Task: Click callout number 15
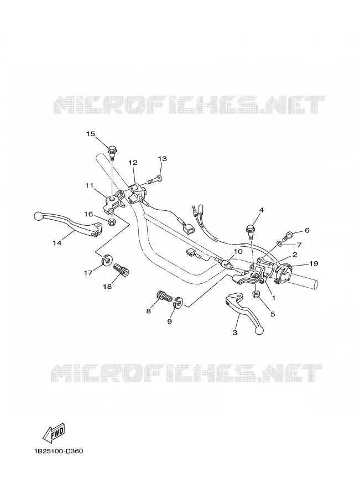pyautogui.click(x=91, y=134)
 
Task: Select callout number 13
pyautogui.click(x=162, y=159)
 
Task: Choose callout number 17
pyautogui.click(x=88, y=272)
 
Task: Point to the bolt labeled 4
pyautogui.click(x=250, y=231)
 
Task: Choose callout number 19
pyautogui.click(x=314, y=263)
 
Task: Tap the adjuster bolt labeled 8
pyautogui.click(x=164, y=297)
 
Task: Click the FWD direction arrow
pyautogui.click(x=54, y=433)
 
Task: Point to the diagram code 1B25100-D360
pyautogui.click(x=59, y=452)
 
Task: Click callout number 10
pyautogui.click(x=238, y=252)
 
